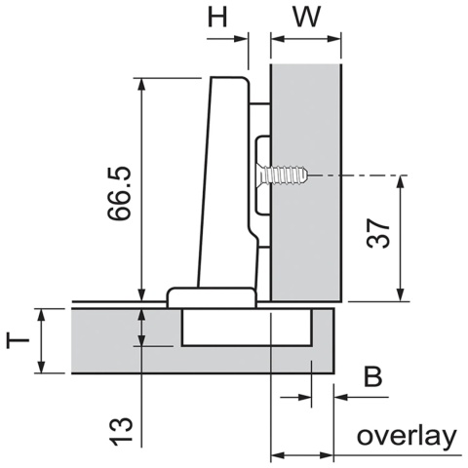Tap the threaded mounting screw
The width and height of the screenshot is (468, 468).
click(286, 176)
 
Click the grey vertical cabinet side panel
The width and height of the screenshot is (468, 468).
click(306, 117)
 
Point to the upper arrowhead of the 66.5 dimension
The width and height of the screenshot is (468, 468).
click(142, 85)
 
